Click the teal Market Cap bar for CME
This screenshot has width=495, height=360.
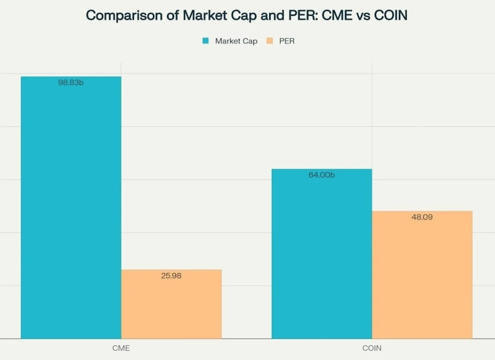click(71, 207)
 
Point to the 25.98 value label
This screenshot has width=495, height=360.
click(171, 276)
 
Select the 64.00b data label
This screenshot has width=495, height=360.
click(321, 175)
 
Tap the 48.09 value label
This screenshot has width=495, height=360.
click(422, 217)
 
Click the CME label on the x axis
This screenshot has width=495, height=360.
click(121, 348)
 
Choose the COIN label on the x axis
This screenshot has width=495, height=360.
click(372, 348)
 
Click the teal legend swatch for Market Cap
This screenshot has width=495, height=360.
click(206, 41)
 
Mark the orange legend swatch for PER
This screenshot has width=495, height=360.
click(270, 41)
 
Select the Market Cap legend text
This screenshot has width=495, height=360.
click(236, 41)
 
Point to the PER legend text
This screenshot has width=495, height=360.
click(287, 41)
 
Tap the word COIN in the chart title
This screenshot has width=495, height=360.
click(390, 15)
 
